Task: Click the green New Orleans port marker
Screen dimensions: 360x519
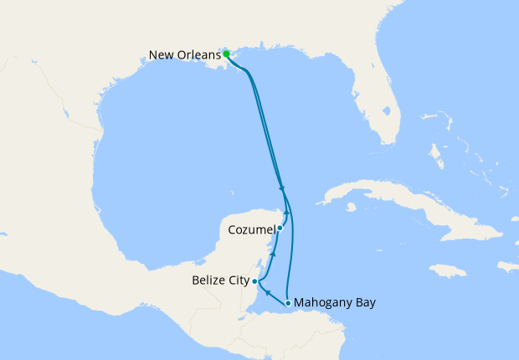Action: pos(227,54)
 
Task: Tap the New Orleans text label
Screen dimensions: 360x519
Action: pos(184,55)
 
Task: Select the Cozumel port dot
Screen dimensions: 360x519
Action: pos(280,228)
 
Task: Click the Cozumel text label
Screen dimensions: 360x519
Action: pos(251,228)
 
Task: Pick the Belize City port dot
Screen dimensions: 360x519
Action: pos(254,282)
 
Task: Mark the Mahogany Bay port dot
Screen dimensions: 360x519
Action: pos(288,303)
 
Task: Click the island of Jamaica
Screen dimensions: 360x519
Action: pos(447,270)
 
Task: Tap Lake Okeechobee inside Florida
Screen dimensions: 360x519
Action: pos(386,109)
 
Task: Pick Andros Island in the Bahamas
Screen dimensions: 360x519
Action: pos(435,155)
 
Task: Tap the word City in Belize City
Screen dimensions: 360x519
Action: pos(236,282)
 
